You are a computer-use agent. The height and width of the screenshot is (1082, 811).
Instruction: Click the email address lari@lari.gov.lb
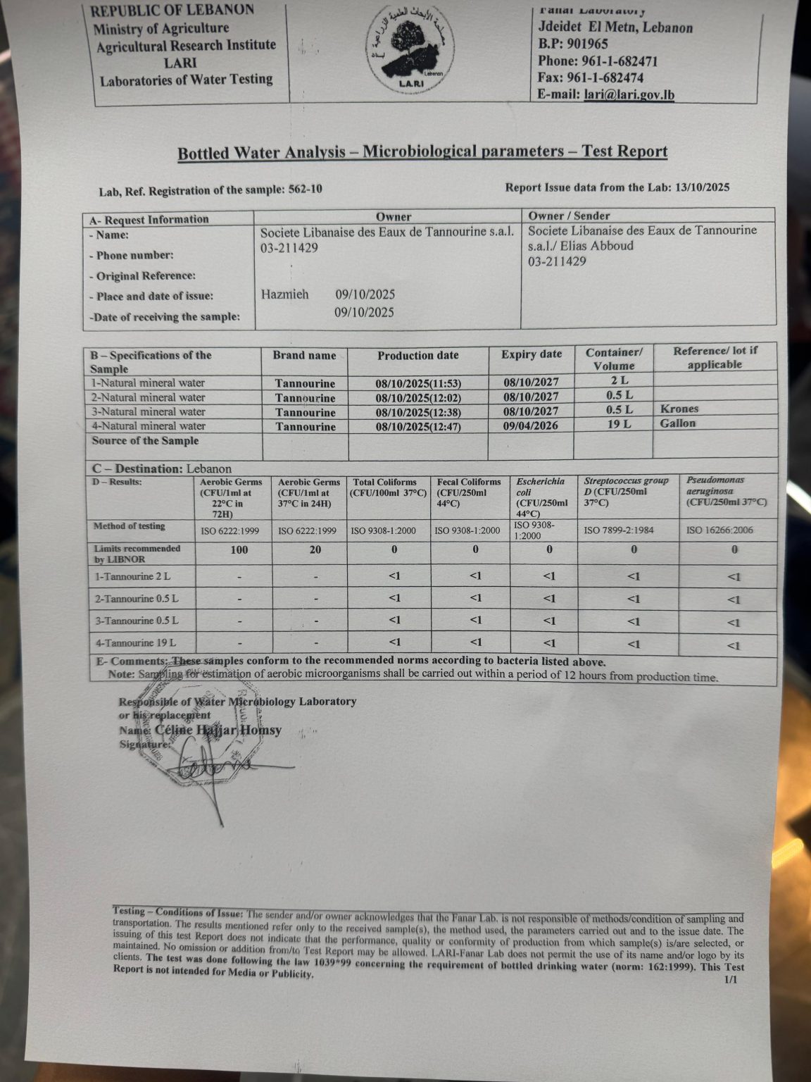629,94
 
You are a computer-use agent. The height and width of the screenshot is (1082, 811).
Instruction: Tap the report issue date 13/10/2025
702,187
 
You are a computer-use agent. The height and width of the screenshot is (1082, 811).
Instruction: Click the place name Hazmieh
284,294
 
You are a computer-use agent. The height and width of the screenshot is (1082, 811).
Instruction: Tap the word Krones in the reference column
679,409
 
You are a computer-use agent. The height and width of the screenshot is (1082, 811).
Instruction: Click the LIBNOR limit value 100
239,550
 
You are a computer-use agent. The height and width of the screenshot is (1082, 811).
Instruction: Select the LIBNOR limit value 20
315,550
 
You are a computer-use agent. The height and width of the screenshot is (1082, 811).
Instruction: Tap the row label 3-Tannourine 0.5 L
136,621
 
